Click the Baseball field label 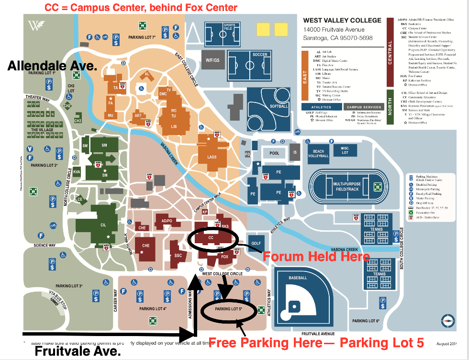click(297, 278)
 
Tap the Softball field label click(279, 106)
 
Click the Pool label click(274, 153)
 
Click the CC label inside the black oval click(211, 237)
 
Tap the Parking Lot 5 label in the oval click(229, 309)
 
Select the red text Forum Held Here click(316, 256)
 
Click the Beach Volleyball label click(321, 154)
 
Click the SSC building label click(178, 256)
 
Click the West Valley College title click(342, 21)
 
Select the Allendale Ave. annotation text click(53, 66)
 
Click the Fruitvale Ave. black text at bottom click(78, 351)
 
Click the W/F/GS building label click(212, 60)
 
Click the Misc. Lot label click(345, 151)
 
